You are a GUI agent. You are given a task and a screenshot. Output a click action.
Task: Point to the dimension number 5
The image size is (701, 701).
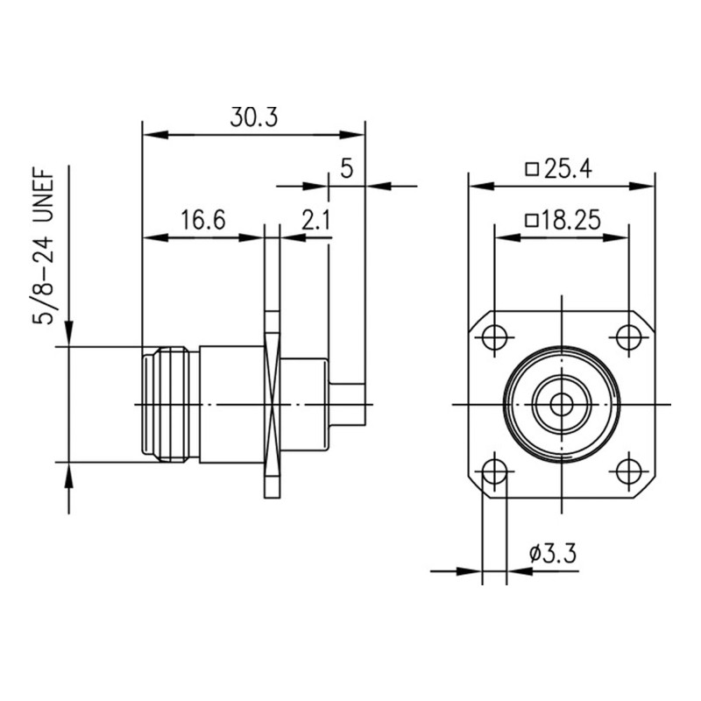pos(346,169)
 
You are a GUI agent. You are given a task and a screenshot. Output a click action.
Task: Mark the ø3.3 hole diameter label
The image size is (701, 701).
pos(552,554)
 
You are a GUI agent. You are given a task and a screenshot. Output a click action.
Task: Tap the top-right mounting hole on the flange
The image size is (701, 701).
pos(627,336)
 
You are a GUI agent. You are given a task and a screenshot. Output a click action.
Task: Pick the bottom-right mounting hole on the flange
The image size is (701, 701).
pos(627,471)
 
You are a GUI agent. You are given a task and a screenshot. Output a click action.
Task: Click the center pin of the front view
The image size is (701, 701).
pos(561,404)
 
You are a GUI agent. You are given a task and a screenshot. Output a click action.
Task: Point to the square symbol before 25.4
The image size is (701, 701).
pos(530,169)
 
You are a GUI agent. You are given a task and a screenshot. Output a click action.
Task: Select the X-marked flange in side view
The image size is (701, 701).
pos(272,404)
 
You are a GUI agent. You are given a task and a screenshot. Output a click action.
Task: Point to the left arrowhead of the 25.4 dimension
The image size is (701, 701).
pos(478,186)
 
